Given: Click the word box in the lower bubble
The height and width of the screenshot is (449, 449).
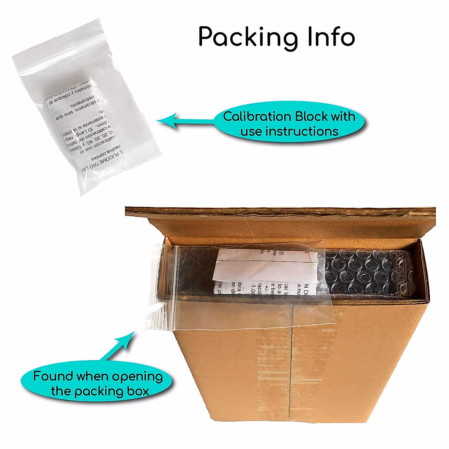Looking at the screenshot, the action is (137, 391).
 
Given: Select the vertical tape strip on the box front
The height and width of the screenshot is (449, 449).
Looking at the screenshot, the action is (292, 367).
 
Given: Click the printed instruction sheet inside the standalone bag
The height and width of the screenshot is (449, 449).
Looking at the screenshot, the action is (86, 123).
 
